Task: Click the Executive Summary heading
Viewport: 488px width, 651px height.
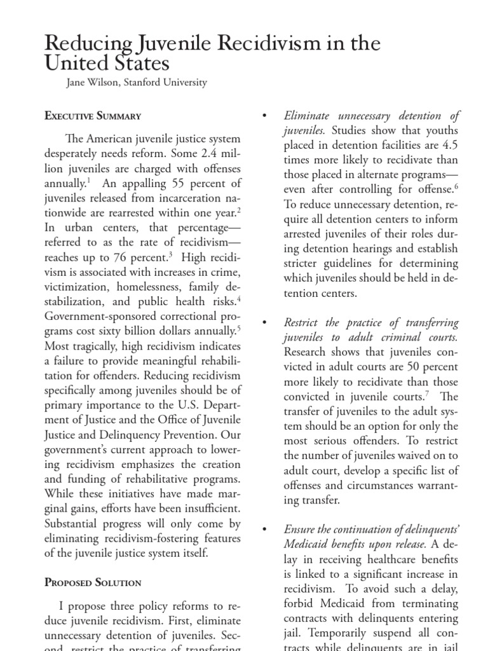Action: pos(93,116)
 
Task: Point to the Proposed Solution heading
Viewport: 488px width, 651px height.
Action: pos(93,582)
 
